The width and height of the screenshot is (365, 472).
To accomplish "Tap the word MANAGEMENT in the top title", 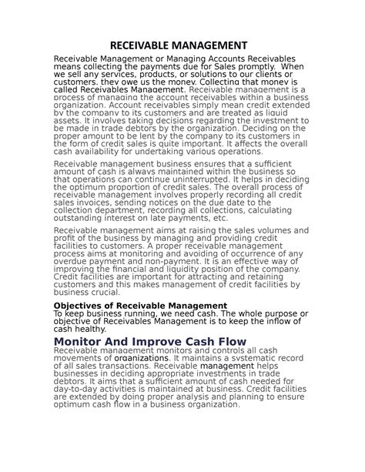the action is point(213,45).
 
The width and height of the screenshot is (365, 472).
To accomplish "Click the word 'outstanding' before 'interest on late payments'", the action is point(80,218).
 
